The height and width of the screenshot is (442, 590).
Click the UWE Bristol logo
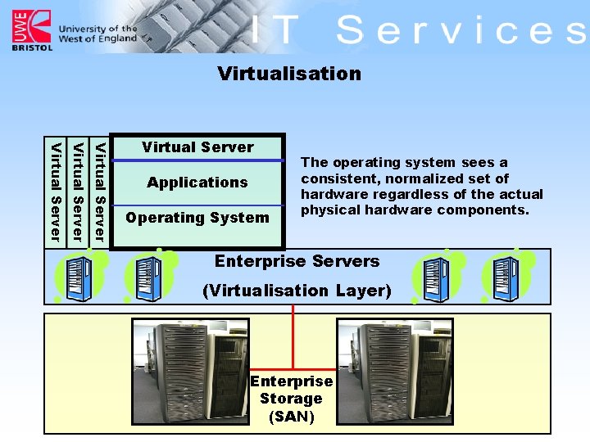(32, 30)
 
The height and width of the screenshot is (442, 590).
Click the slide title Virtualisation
(289, 74)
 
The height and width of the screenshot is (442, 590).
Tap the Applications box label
(197, 183)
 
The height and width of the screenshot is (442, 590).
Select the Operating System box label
(197, 218)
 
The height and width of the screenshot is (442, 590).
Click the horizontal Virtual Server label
(197, 147)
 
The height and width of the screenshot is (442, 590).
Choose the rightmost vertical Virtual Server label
(100, 192)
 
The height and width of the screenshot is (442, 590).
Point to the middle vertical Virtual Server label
(78, 192)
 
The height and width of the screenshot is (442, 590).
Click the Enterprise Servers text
(297, 262)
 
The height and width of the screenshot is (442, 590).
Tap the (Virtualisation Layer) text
(297, 291)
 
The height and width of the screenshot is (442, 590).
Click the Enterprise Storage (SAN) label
(291, 399)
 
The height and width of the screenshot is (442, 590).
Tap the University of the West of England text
(98, 34)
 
